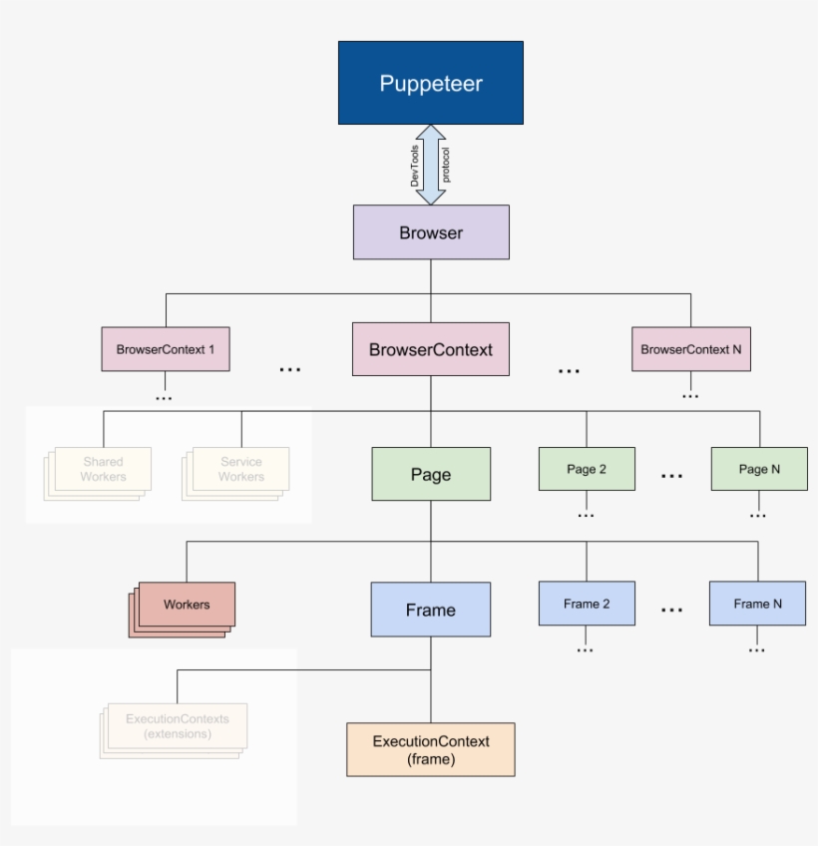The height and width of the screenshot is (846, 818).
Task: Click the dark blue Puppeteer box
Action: coord(430,83)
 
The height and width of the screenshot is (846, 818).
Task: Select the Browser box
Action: coord(431,232)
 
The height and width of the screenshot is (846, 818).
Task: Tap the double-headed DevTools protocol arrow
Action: coord(430,165)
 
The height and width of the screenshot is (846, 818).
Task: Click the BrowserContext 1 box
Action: coord(166,349)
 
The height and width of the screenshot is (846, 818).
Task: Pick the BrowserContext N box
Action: coord(690,349)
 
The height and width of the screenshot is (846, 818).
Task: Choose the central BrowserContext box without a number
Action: coord(431,349)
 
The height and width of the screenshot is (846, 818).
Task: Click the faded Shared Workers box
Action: coord(103,469)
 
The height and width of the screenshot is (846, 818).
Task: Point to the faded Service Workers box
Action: coord(240,469)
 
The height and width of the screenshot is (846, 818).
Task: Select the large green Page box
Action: coord(431,474)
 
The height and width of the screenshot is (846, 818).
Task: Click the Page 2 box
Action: coord(587,469)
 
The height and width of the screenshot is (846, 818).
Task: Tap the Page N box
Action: coord(759,469)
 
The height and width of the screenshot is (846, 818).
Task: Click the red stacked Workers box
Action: coord(187,605)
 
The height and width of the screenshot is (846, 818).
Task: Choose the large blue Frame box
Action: coord(431,610)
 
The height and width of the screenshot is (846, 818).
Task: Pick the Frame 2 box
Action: coord(587,604)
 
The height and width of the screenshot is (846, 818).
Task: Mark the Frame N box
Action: coord(757,604)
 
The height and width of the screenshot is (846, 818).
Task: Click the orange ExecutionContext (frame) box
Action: coord(431,749)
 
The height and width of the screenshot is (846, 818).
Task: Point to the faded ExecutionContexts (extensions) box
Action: coord(178,726)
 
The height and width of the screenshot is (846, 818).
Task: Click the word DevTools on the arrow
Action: coord(415,165)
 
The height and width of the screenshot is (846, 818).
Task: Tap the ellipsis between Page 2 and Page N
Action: coord(672,476)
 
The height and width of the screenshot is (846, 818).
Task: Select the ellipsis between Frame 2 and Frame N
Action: coord(672,610)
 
